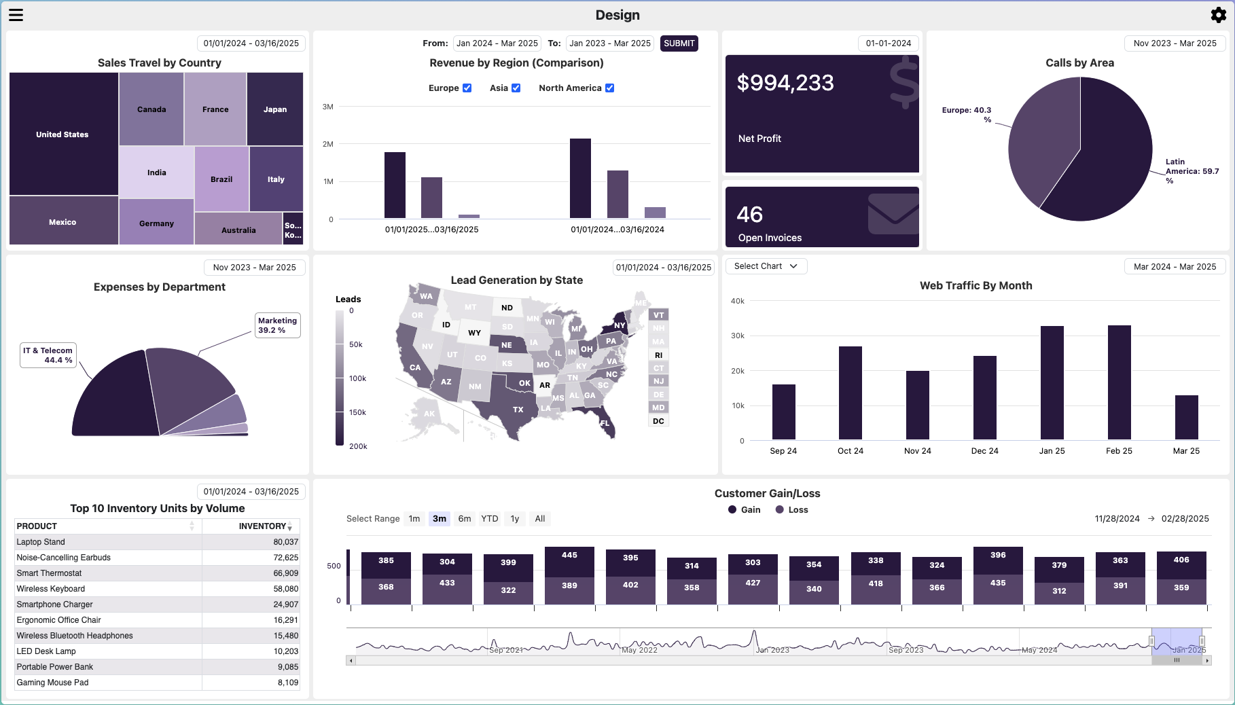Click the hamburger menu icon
click(x=16, y=15)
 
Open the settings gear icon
click(x=1219, y=15)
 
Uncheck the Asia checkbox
click(x=516, y=88)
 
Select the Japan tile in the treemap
click(x=275, y=109)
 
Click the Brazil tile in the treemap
click(x=221, y=179)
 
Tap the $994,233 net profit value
click(x=785, y=83)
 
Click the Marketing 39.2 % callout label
click(x=278, y=325)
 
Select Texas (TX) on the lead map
click(x=518, y=410)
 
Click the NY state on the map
click(x=619, y=325)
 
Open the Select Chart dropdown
click(x=766, y=266)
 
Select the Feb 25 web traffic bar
click(x=1119, y=382)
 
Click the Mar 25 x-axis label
click(x=1186, y=451)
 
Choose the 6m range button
click(x=465, y=519)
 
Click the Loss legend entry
click(x=792, y=510)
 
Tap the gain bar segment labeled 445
click(x=569, y=555)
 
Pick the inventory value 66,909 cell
click(x=285, y=573)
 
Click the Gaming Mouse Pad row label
click(x=53, y=683)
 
